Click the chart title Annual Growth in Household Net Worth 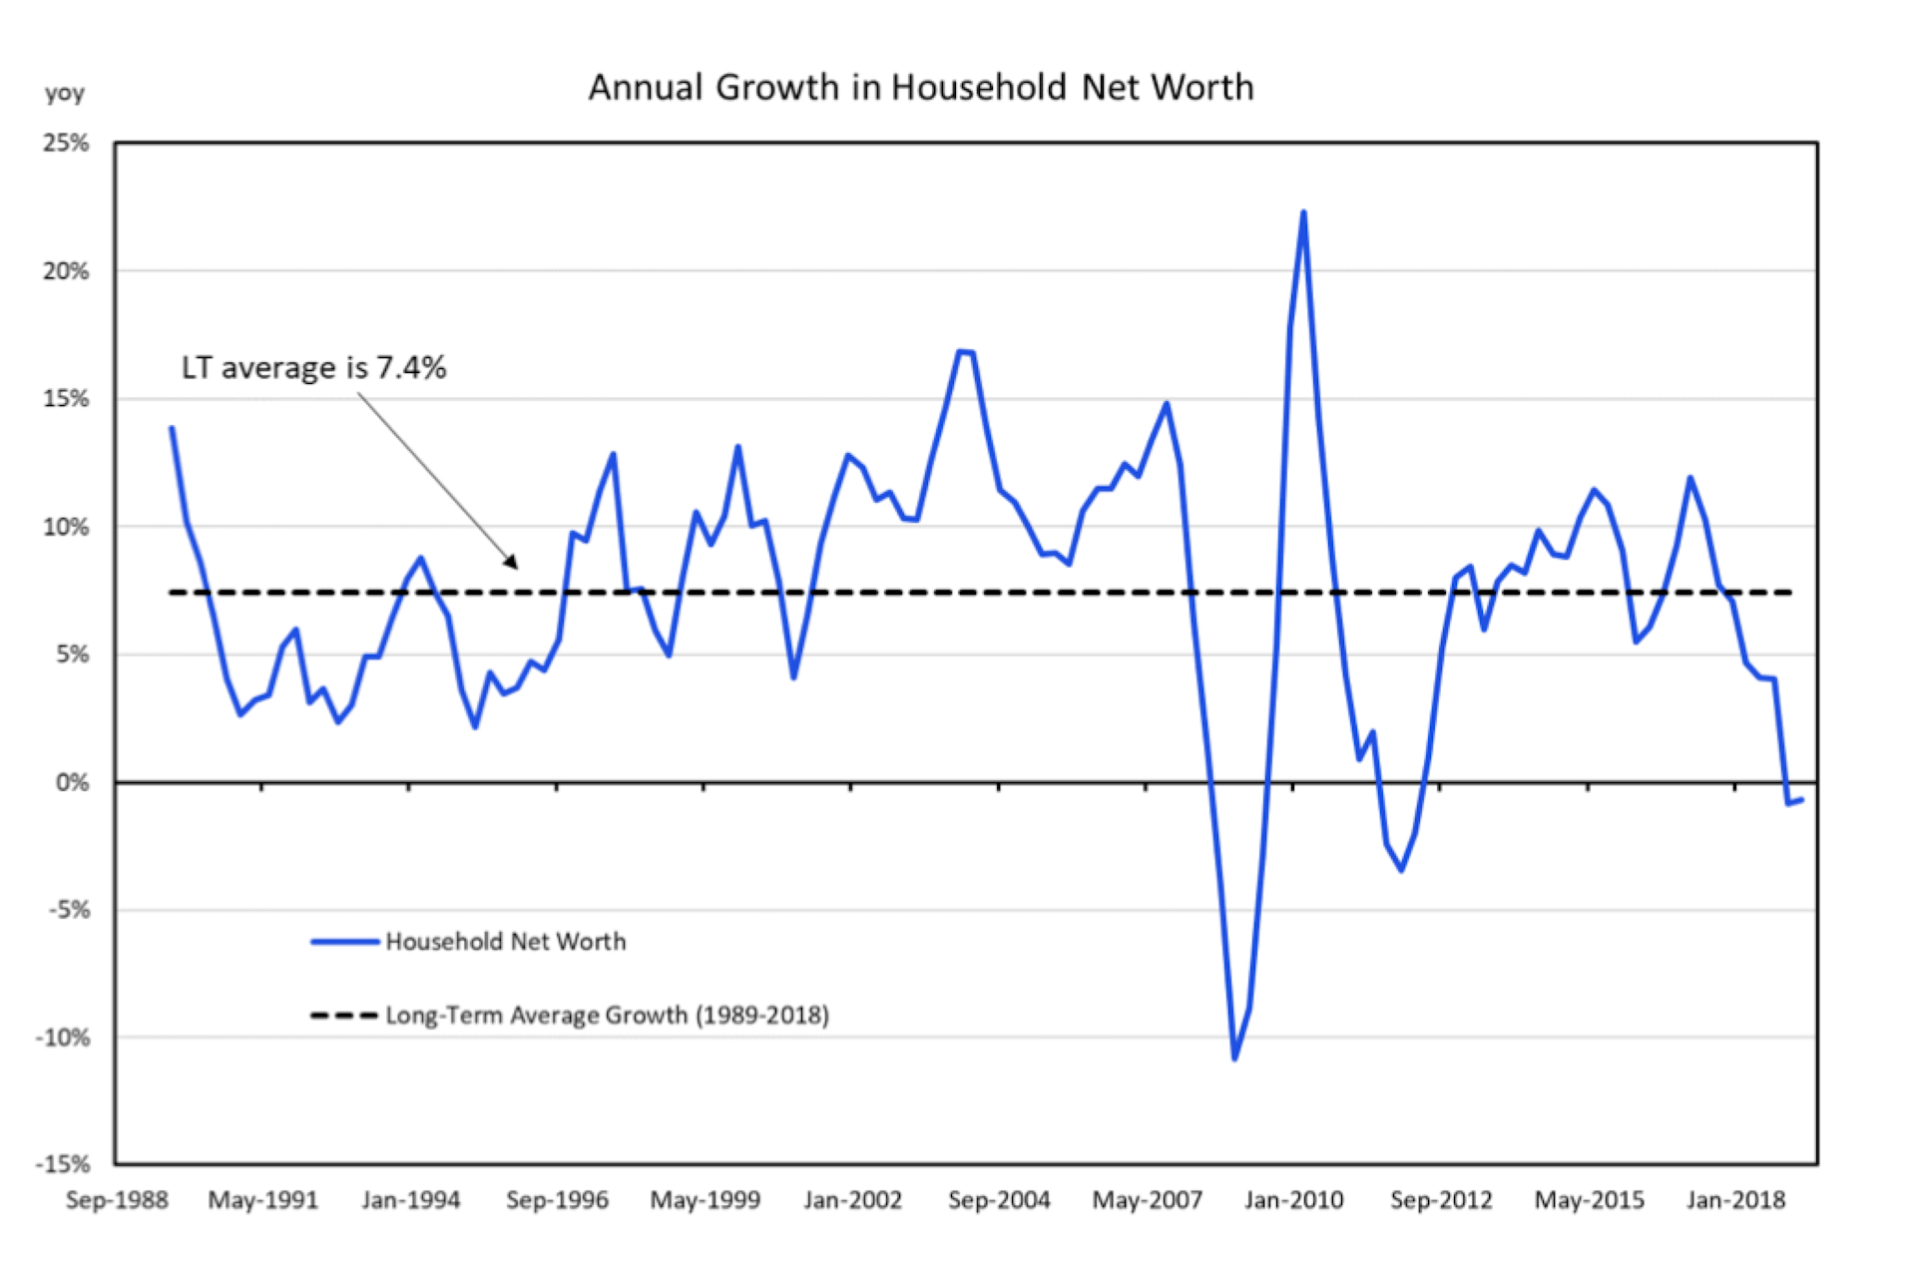920,88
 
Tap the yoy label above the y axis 65,94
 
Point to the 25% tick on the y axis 66,144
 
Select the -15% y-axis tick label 63,1164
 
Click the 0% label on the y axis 72,783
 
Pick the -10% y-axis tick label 63,1038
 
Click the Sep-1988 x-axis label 117,1200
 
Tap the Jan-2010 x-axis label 1293,1200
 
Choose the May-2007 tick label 1147,1200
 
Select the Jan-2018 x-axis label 1735,1200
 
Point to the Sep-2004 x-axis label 999,1200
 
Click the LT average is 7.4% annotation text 313,368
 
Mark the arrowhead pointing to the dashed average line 513,563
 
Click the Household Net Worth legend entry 505,942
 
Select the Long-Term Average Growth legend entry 607,1016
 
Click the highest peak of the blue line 1303,212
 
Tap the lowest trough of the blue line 1234,1058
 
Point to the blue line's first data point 172,429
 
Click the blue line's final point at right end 1801,800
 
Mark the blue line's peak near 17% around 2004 960,351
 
